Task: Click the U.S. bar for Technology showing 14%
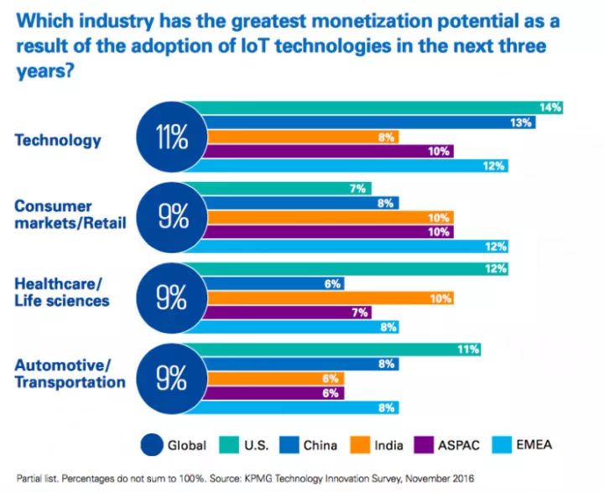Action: click(377, 107)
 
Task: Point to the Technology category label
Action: click(58, 139)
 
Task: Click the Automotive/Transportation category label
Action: click(70, 374)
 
